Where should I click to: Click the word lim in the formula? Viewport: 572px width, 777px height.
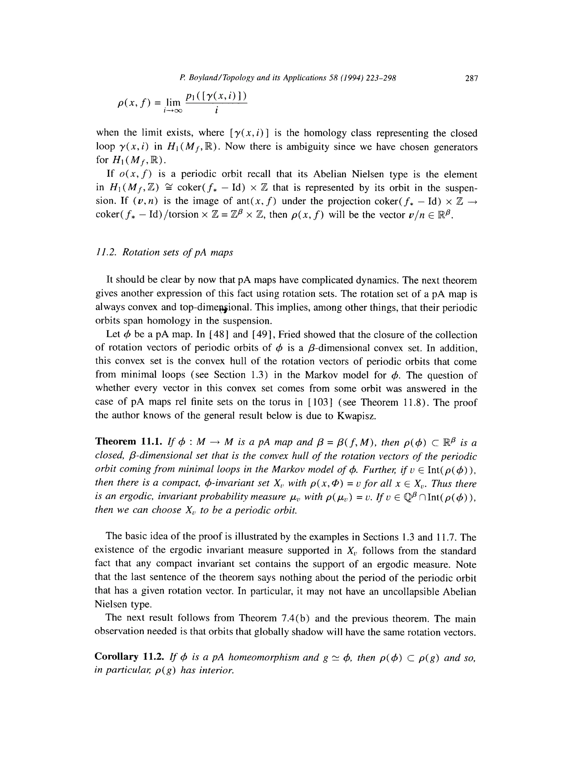(173, 102)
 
